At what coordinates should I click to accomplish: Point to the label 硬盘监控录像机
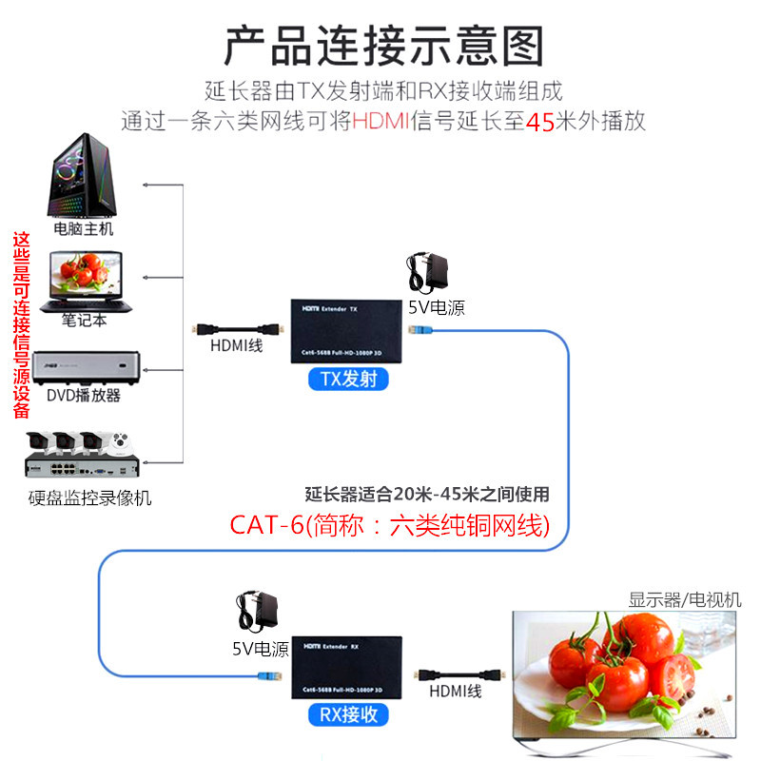[x=89, y=498]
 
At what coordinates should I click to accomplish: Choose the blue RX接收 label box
[x=347, y=714]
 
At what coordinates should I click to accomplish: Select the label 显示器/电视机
[x=684, y=600]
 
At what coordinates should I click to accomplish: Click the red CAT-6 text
[x=265, y=525]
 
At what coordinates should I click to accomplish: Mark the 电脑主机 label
[x=84, y=229]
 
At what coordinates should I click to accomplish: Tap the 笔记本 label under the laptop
[x=85, y=321]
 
